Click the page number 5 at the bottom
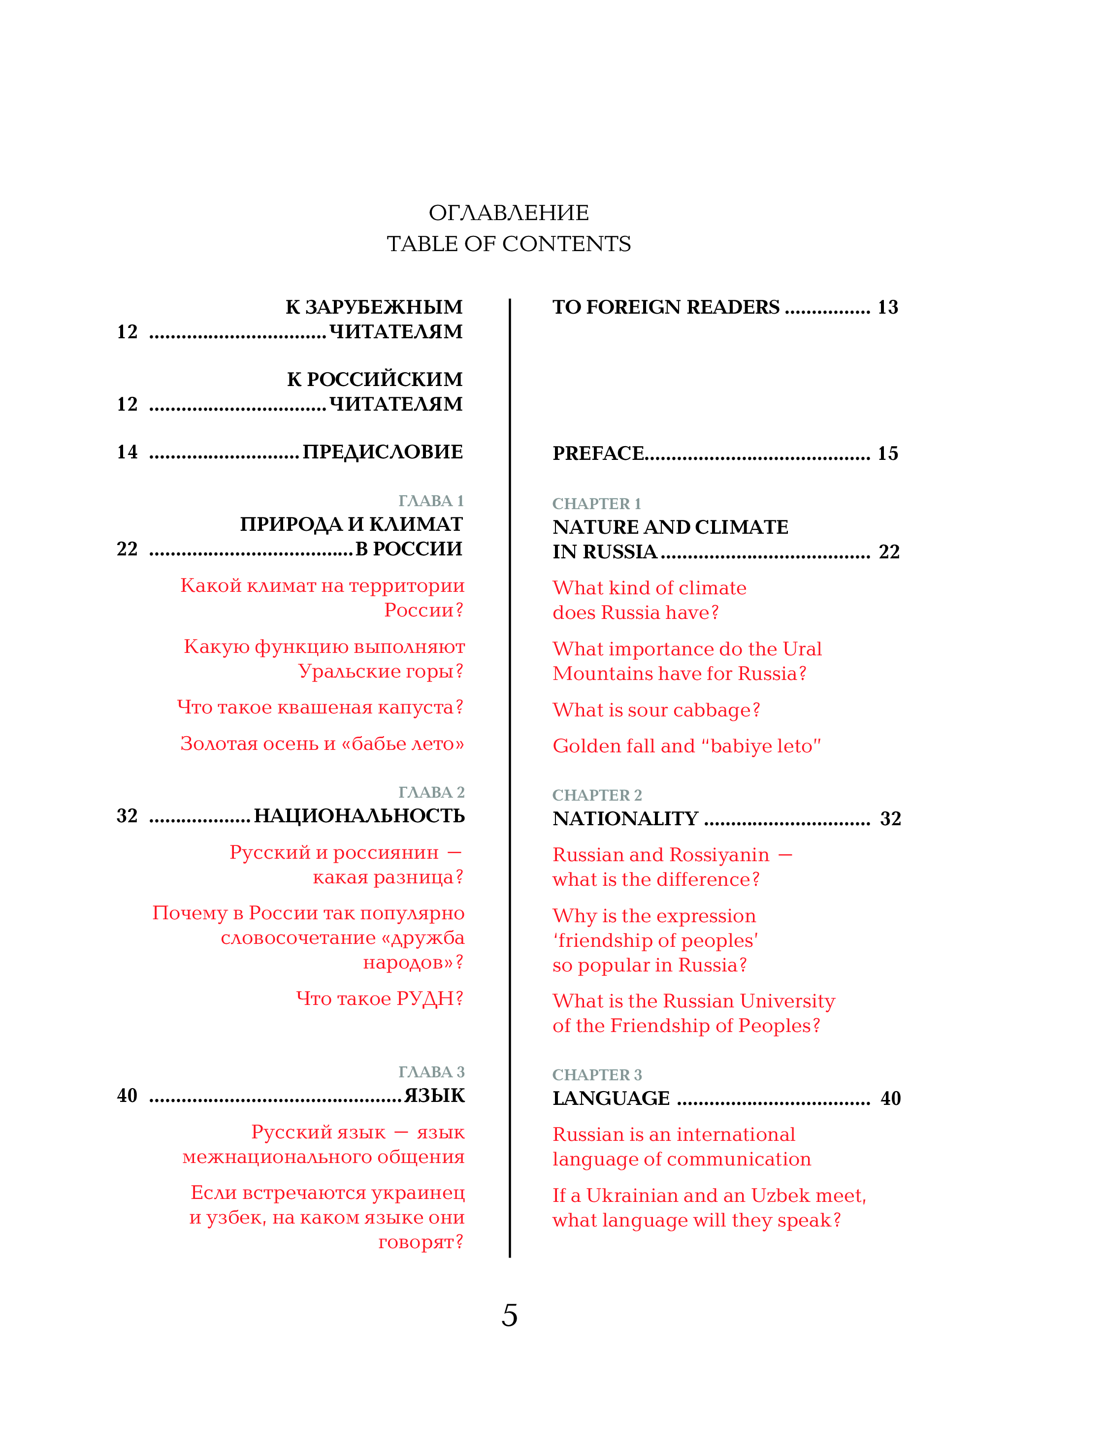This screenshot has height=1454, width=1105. point(509,1315)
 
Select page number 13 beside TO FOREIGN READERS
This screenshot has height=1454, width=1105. point(887,307)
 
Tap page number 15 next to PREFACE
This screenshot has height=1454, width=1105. point(887,453)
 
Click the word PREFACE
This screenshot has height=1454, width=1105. point(598,453)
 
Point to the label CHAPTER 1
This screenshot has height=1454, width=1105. point(596,504)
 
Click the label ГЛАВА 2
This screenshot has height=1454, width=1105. point(431,792)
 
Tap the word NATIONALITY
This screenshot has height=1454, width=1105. point(625,819)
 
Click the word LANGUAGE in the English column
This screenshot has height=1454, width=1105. point(611,1098)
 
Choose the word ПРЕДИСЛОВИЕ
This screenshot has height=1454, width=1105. point(382,452)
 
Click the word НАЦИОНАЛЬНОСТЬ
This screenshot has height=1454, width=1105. point(359,816)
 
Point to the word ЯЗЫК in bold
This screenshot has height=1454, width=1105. point(434,1096)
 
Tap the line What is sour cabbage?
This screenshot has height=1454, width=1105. point(656,710)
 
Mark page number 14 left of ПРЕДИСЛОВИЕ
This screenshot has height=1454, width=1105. point(127,452)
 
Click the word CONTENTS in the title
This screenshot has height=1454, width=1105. point(566,244)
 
